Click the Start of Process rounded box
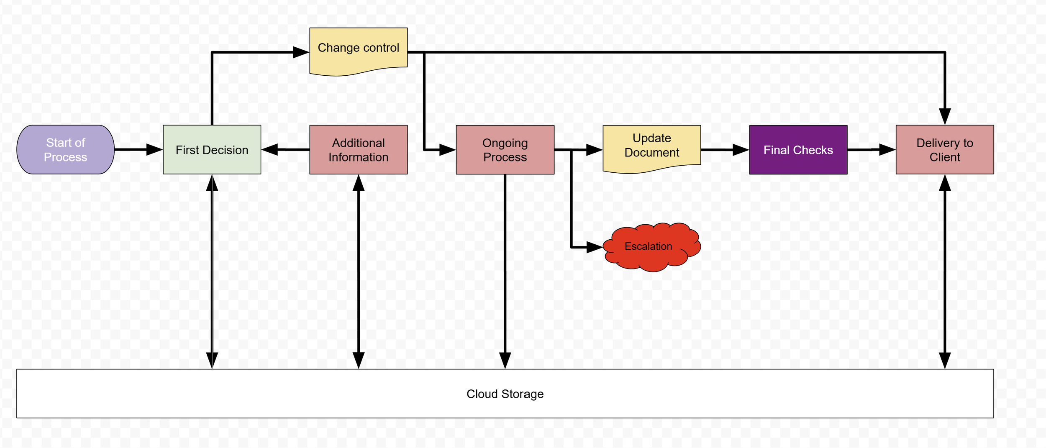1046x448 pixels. click(65, 149)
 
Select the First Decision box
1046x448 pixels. click(212, 149)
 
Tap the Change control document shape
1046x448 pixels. click(358, 48)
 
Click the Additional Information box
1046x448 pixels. click(358, 149)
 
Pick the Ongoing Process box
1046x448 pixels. click(505, 149)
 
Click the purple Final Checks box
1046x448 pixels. click(798, 149)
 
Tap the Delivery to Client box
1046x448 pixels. click(945, 149)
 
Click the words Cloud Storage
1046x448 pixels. click(505, 394)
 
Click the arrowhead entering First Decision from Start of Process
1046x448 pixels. click(154, 149)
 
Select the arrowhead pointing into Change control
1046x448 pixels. click(300, 52)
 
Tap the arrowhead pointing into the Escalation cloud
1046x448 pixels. click(594, 247)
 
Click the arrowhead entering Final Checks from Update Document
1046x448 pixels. click(740, 149)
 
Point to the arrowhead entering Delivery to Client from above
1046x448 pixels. click(945, 116)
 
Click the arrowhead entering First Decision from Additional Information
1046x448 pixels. click(270, 149)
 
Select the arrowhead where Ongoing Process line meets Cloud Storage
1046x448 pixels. click(505, 360)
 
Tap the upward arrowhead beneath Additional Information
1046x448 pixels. click(359, 183)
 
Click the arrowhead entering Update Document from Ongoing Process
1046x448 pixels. click(594, 149)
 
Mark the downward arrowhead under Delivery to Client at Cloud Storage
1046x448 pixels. click(945, 360)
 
